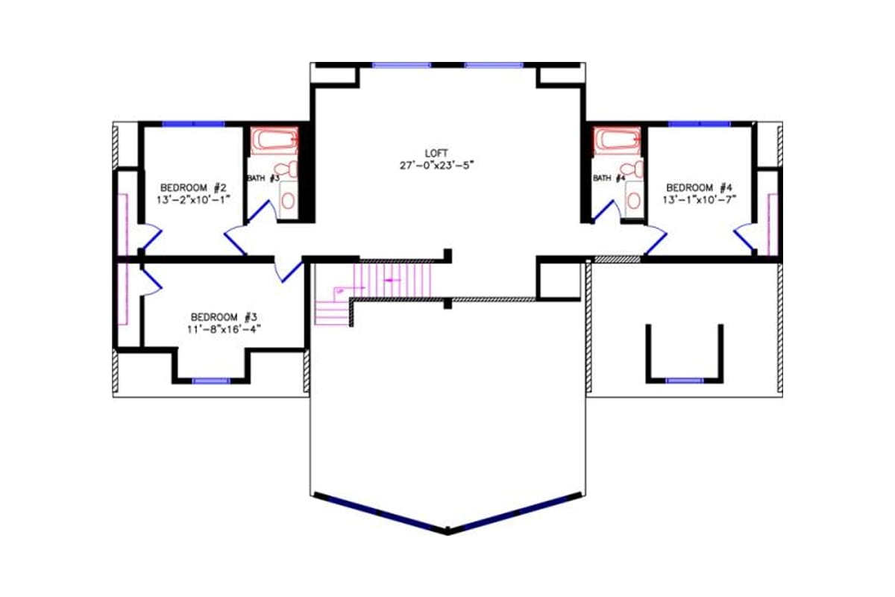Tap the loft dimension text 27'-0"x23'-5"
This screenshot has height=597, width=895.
tap(436, 165)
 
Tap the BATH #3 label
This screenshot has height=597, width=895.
tap(263, 178)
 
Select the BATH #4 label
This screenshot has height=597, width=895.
tap(609, 178)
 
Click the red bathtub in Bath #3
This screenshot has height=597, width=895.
tap(274, 140)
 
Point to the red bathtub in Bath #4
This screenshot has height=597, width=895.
tap(617, 139)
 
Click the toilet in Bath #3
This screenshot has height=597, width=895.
tap(286, 169)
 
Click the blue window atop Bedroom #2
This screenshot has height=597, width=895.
tap(193, 123)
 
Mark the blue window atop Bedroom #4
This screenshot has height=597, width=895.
tap(699, 123)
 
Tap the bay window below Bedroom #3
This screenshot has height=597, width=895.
tap(211, 381)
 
